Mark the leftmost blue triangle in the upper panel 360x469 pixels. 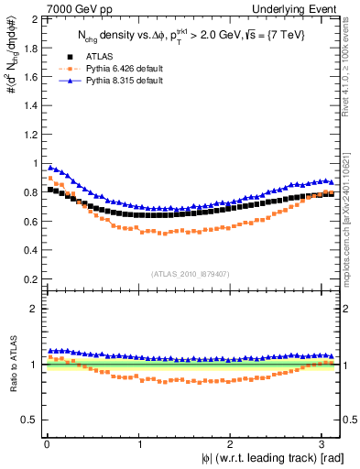tap(49, 168)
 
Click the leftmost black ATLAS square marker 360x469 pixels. tap(49, 190)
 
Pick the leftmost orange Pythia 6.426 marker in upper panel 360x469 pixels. tap(49, 179)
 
